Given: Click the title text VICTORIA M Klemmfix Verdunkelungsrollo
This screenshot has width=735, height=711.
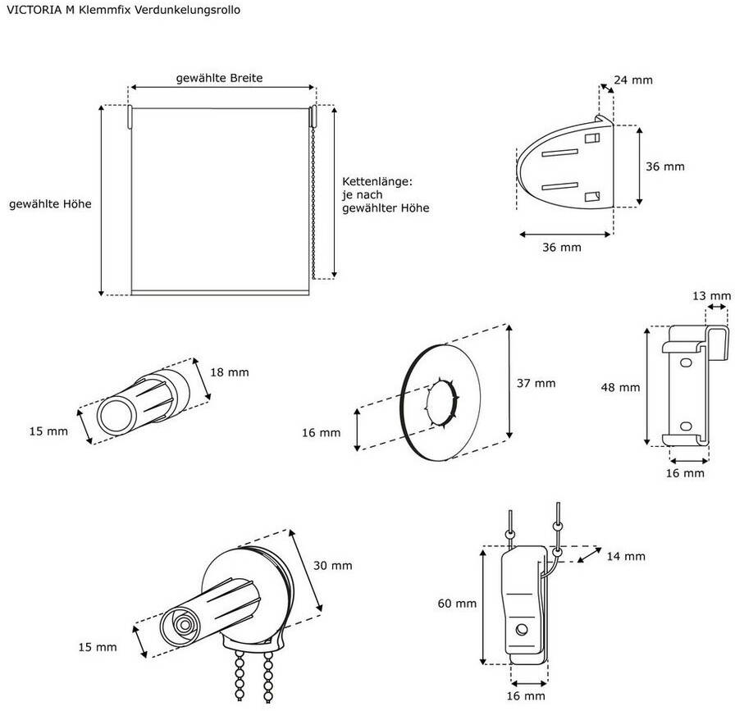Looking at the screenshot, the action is click(x=123, y=11).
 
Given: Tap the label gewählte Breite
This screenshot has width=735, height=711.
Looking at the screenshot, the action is click(x=219, y=78).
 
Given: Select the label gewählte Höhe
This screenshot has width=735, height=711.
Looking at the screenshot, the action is click(x=50, y=204).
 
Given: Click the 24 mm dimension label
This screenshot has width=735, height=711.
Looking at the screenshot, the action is click(x=633, y=80).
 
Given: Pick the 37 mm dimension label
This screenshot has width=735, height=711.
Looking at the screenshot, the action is click(x=536, y=384).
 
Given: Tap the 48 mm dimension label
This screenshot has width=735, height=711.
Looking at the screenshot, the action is click(x=620, y=388).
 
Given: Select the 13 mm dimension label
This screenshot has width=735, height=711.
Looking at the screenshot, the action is click(x=711, y=296).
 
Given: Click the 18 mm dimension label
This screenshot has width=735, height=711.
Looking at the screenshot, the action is click(x=229, y=372).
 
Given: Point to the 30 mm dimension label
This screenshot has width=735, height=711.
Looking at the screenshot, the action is click(x=333, y=566).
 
